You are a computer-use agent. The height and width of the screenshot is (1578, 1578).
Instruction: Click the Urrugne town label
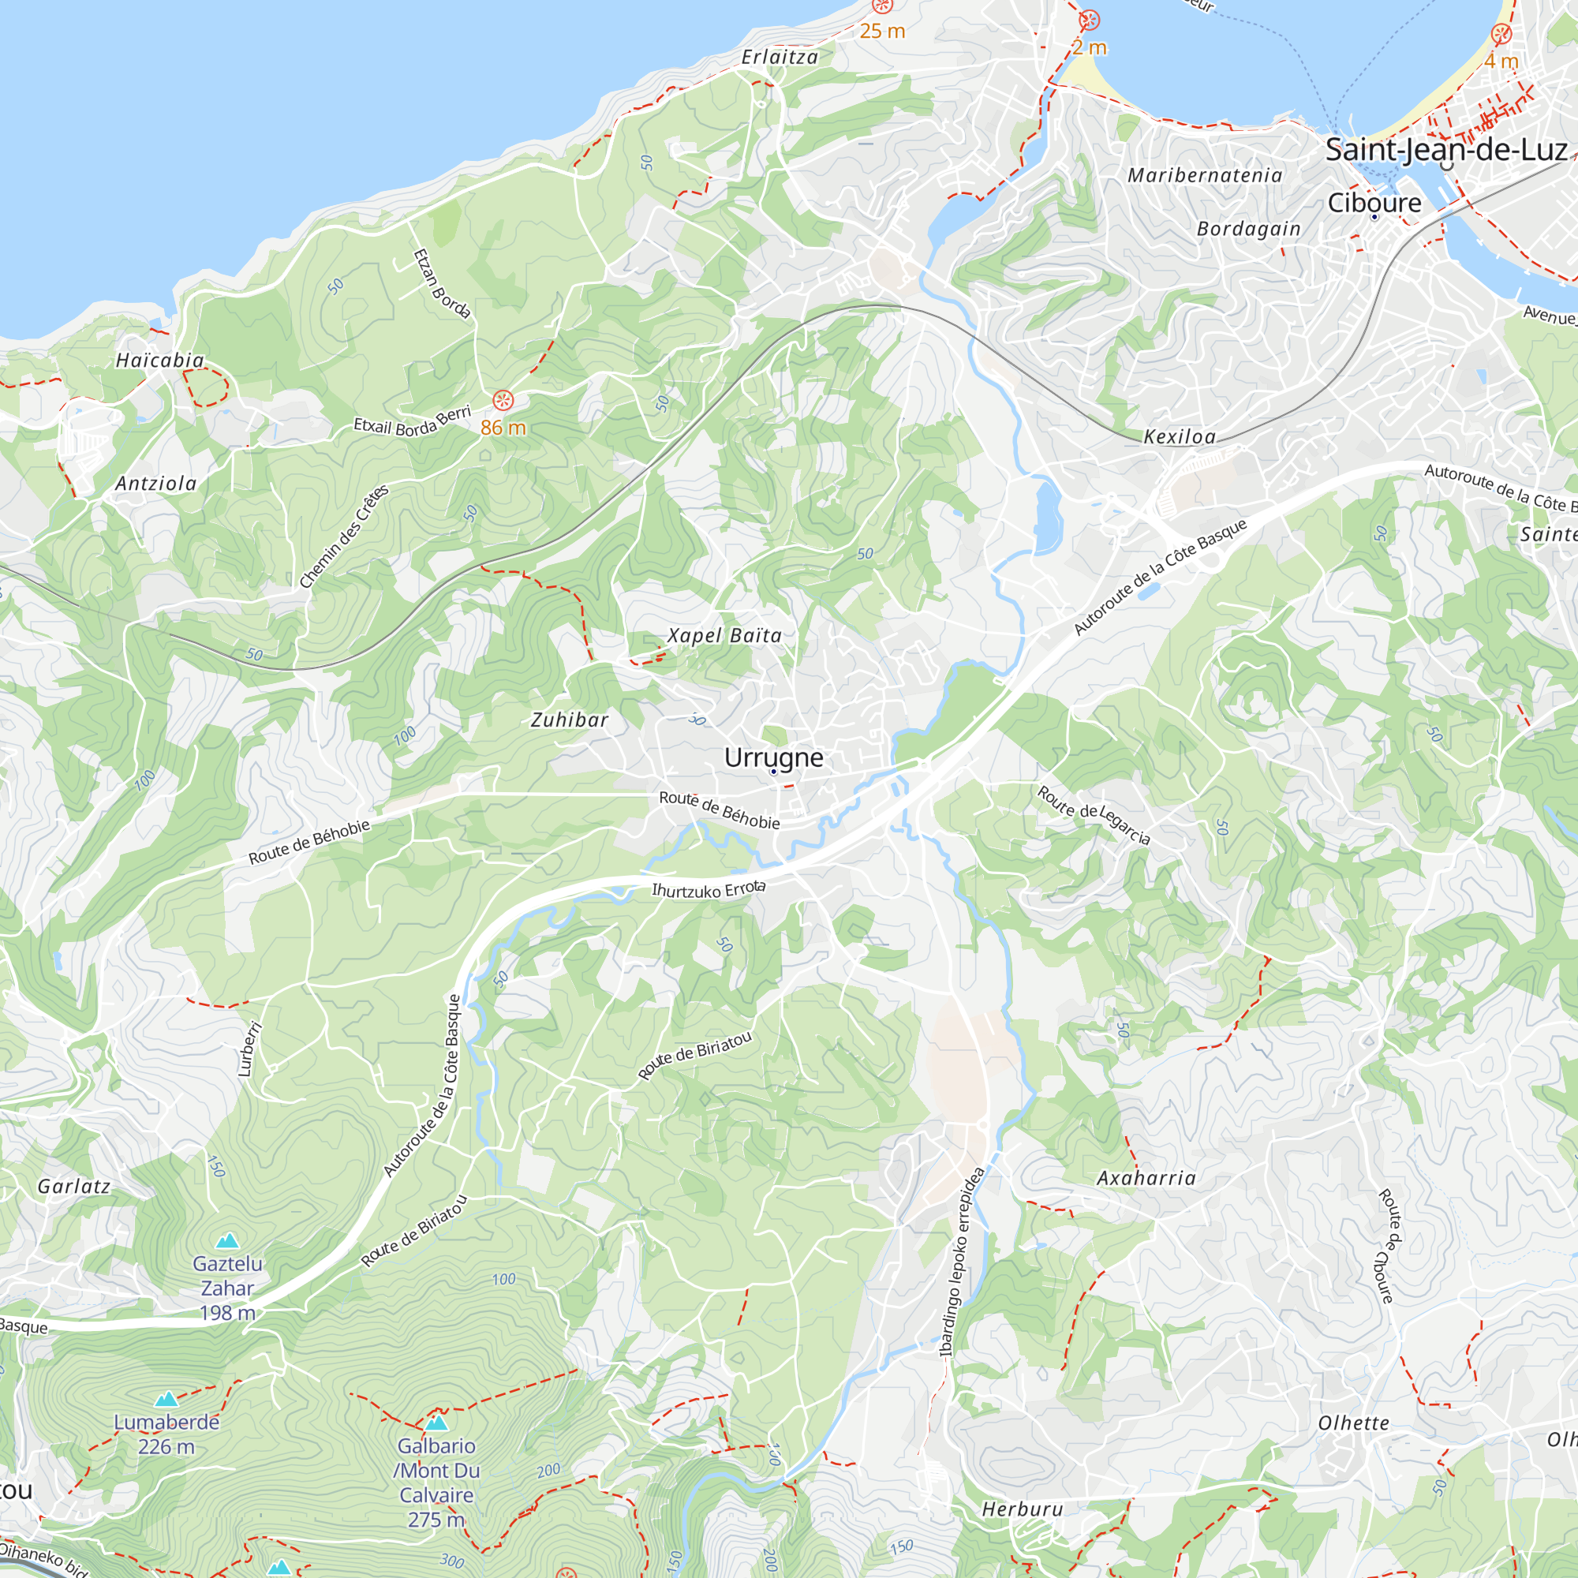773,757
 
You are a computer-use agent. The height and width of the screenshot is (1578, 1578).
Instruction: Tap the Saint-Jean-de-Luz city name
1445,150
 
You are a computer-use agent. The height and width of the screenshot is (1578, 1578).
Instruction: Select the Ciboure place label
1374,203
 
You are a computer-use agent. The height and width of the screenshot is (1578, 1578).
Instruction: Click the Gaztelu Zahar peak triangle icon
227,1241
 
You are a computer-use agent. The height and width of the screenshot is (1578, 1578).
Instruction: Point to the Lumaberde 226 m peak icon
166,1399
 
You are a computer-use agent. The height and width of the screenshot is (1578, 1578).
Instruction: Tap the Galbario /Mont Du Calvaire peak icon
436,1423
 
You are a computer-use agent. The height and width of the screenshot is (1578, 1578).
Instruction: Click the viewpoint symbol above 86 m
503,399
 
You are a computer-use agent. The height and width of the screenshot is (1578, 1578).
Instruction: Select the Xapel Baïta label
724,635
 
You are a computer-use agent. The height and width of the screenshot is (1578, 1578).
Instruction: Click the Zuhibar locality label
570,720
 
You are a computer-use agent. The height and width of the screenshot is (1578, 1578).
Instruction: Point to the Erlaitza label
780,57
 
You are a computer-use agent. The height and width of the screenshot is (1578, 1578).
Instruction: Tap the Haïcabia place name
160,361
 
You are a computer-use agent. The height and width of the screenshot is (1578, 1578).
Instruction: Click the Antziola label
156,484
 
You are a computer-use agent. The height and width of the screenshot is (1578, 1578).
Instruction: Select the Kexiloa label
1179,437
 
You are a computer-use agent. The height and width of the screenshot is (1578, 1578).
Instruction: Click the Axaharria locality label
1145,1178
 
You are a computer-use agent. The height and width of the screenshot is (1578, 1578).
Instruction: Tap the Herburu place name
1022,1509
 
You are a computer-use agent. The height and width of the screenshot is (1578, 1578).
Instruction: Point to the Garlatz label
73,1186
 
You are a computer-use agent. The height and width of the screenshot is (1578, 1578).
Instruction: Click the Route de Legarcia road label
1094,815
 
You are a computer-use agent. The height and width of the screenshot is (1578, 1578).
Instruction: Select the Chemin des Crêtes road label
343,537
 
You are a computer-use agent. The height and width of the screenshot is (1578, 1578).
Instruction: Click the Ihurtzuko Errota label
709,889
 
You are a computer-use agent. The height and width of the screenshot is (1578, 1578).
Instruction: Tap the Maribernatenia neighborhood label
1204,176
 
